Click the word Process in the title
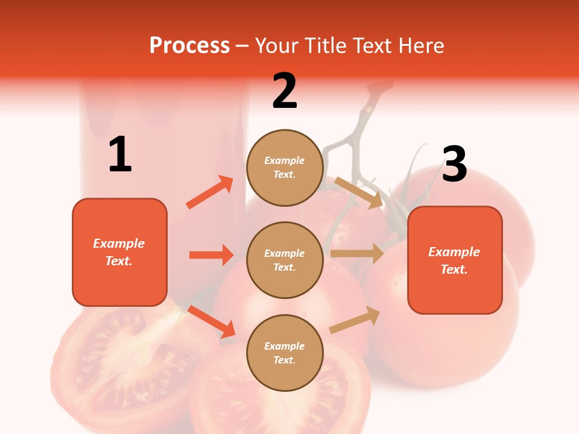point(189,46)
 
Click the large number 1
point(120,155)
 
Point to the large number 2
point(285,91)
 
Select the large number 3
point(454,164)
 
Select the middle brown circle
point(285,260)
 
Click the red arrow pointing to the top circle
point(210,192)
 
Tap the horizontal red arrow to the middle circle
point(211,255)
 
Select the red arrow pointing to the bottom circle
point(212,321)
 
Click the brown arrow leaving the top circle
point(359,193)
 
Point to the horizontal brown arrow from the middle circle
point(356,254)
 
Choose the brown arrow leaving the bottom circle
point(355,320)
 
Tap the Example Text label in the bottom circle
point(284,353)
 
